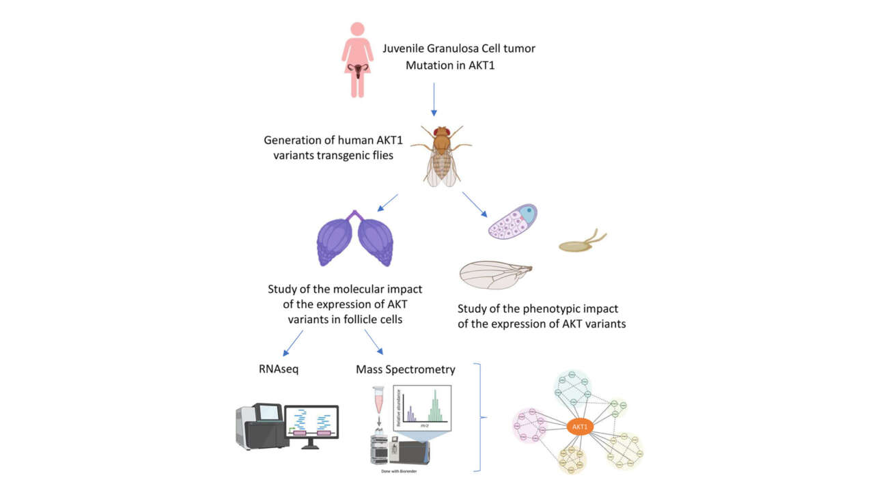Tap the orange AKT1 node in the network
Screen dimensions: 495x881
[580, 427]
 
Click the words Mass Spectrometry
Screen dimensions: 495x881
[405, 369]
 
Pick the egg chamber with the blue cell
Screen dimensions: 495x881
[513, 222]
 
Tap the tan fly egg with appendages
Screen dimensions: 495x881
[581, 243]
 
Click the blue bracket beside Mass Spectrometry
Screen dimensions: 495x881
[481, 416]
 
